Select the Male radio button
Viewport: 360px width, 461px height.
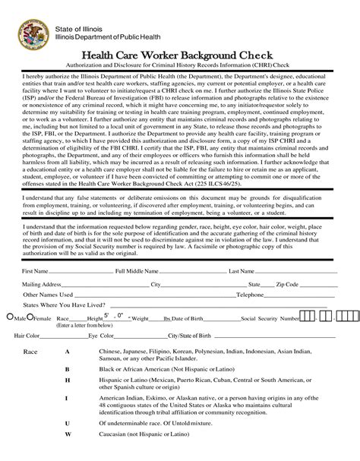pos(8,317)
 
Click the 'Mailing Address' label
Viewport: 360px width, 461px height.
pos(41,284)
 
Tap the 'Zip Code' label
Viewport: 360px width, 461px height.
pos(287,284)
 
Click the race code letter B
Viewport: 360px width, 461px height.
pos(68,368)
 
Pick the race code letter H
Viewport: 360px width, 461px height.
pos(68,379)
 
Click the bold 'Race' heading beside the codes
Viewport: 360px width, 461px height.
pos(31,353)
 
